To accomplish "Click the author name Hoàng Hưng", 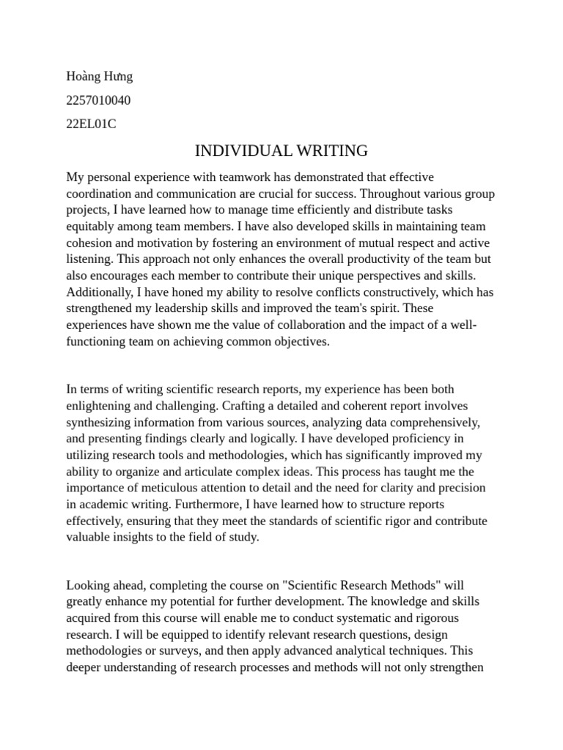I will coord(100,76).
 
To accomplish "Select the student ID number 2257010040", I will coord(99,100).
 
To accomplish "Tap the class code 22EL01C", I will coord(91,124).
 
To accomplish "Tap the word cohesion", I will coord(90,243).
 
